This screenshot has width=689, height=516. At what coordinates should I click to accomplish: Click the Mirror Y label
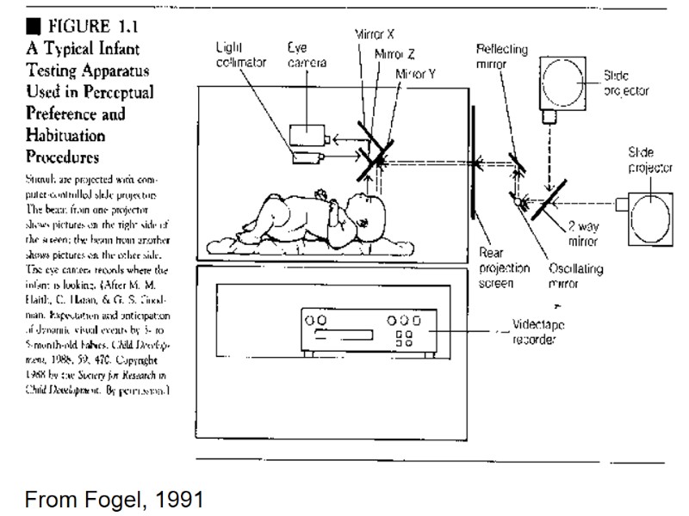[x=415, y=74]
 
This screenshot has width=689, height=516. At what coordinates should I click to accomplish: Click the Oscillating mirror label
[x=575, y=275]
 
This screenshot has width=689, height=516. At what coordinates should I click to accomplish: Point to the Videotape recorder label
[x=541, y=333]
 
